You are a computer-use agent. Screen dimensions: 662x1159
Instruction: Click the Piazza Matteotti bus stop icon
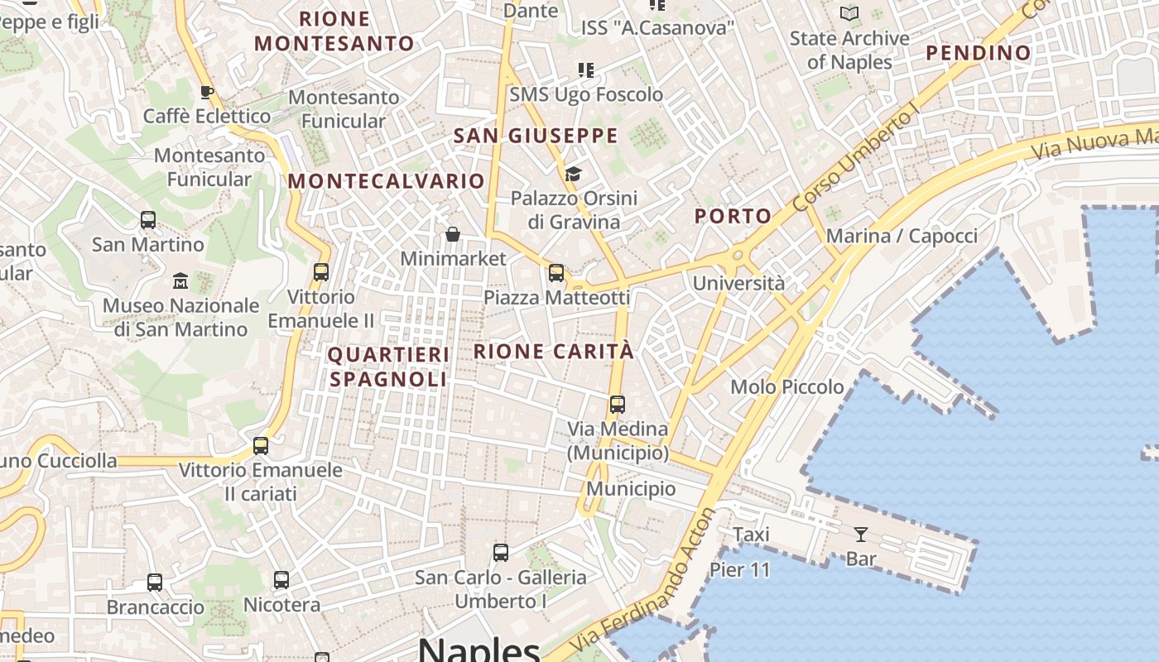[556, 273]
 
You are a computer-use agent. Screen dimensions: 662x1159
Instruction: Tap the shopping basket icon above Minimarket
[452, 234]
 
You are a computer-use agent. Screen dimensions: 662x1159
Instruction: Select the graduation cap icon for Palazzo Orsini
[573, 174]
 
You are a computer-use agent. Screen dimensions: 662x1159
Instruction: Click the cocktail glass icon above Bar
[861, 535]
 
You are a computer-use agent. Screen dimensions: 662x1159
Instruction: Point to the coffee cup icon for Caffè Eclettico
[207, 92]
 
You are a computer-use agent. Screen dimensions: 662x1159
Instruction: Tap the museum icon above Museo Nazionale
[180, 281]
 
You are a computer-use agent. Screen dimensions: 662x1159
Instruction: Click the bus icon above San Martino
[148, 220]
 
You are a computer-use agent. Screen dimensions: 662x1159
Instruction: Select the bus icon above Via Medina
[618, 405]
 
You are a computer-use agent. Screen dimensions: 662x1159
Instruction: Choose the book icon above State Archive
[849, 13]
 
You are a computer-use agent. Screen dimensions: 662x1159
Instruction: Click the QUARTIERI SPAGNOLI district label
[389, 367]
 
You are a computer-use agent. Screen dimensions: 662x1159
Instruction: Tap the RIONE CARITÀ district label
[554, 351]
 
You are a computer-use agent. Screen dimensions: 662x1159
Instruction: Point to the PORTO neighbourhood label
[733, 217]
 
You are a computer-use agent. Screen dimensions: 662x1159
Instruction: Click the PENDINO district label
[979, 53]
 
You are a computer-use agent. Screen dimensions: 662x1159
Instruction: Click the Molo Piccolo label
[786, 386]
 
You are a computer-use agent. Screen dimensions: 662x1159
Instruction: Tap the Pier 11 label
[739, 569]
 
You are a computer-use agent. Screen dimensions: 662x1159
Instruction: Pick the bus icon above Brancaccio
[155, 583]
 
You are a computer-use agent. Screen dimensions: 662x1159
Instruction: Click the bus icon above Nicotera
[281, 580]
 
